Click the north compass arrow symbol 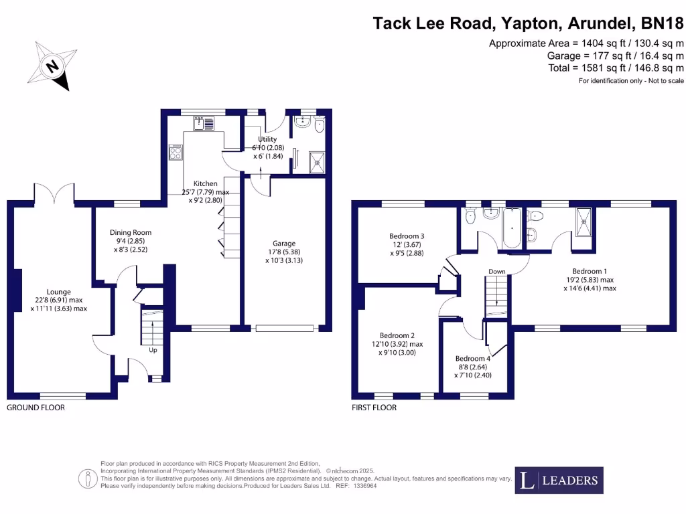coord(52,66)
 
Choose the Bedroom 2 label coord(397,344)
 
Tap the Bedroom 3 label coord(407,244)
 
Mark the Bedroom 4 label coord(473,367)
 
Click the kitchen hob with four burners coord(176,153)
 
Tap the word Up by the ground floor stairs coord(153,349)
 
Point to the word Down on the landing coord(497,272)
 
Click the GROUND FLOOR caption coord(36,408)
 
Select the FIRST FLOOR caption coord(374,408)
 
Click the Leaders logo coord(559,480)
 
